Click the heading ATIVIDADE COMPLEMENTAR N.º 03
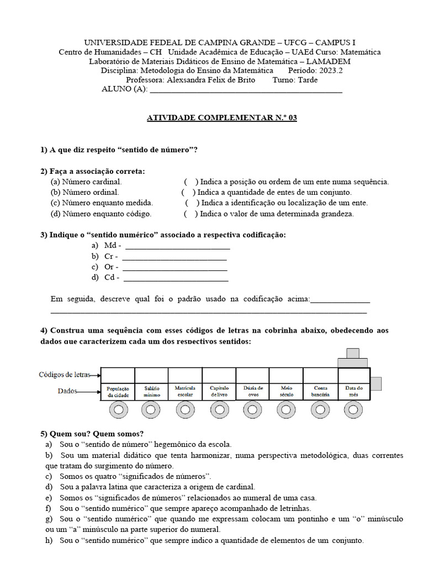pyautogui.click(x=221, y=118)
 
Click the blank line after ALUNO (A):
pyautogui.click(x=246, y=89)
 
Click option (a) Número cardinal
pyautogui.click(x=86, y=182)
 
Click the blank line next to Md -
pyautogui.click(x=177, y=247)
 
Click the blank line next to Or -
pyautogui.click(x=174, y=268)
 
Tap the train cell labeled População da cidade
pyautogui.click(x=118, y=392)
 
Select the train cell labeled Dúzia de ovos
pyautogui.click(x=253, y=392)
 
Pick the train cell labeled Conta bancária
pyautogui.click(x=320, y=392)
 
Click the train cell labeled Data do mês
pyautogui.click(x=353, y=392)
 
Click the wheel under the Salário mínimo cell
pyautogui.click(x=151, y=410)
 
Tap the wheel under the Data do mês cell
pyautogui.click(x=353, y=410)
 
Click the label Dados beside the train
pyautogui.click(x=67, y=391)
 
